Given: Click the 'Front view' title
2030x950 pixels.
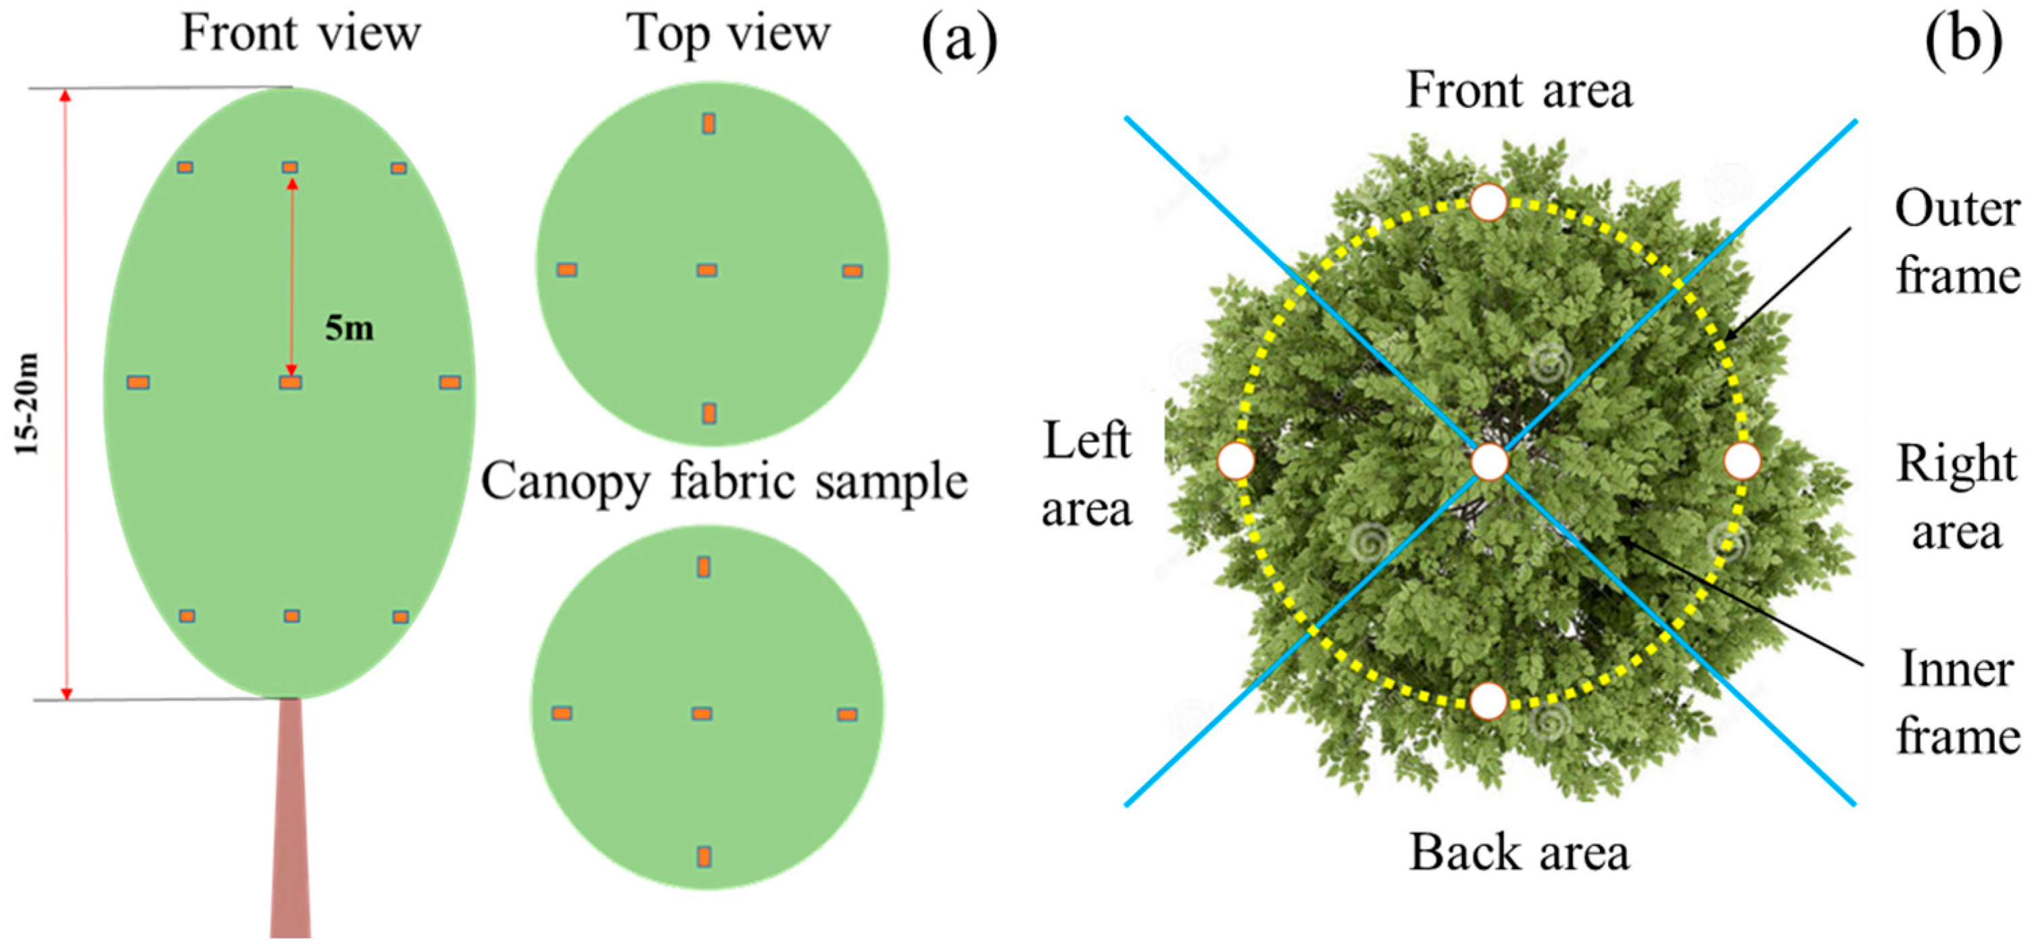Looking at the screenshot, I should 301,34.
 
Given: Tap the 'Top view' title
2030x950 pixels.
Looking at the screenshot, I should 728,34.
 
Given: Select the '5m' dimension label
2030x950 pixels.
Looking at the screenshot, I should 349,328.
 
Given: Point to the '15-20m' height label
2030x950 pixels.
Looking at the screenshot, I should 28,404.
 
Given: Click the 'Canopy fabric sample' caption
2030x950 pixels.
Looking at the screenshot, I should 724,481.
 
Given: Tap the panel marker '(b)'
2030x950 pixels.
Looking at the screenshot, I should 1963,41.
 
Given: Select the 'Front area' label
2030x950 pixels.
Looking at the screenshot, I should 1520,91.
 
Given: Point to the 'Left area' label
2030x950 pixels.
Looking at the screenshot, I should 1087,474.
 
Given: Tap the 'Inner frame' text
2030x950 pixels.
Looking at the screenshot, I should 1958,703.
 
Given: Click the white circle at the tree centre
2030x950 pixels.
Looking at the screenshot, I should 1489,461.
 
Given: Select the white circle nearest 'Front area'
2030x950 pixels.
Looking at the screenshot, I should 1489,203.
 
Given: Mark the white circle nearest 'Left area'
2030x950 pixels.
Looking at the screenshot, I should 1236,461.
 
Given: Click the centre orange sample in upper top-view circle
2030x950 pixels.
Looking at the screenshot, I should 707,270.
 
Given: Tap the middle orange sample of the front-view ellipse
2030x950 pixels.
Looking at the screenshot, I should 291,382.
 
